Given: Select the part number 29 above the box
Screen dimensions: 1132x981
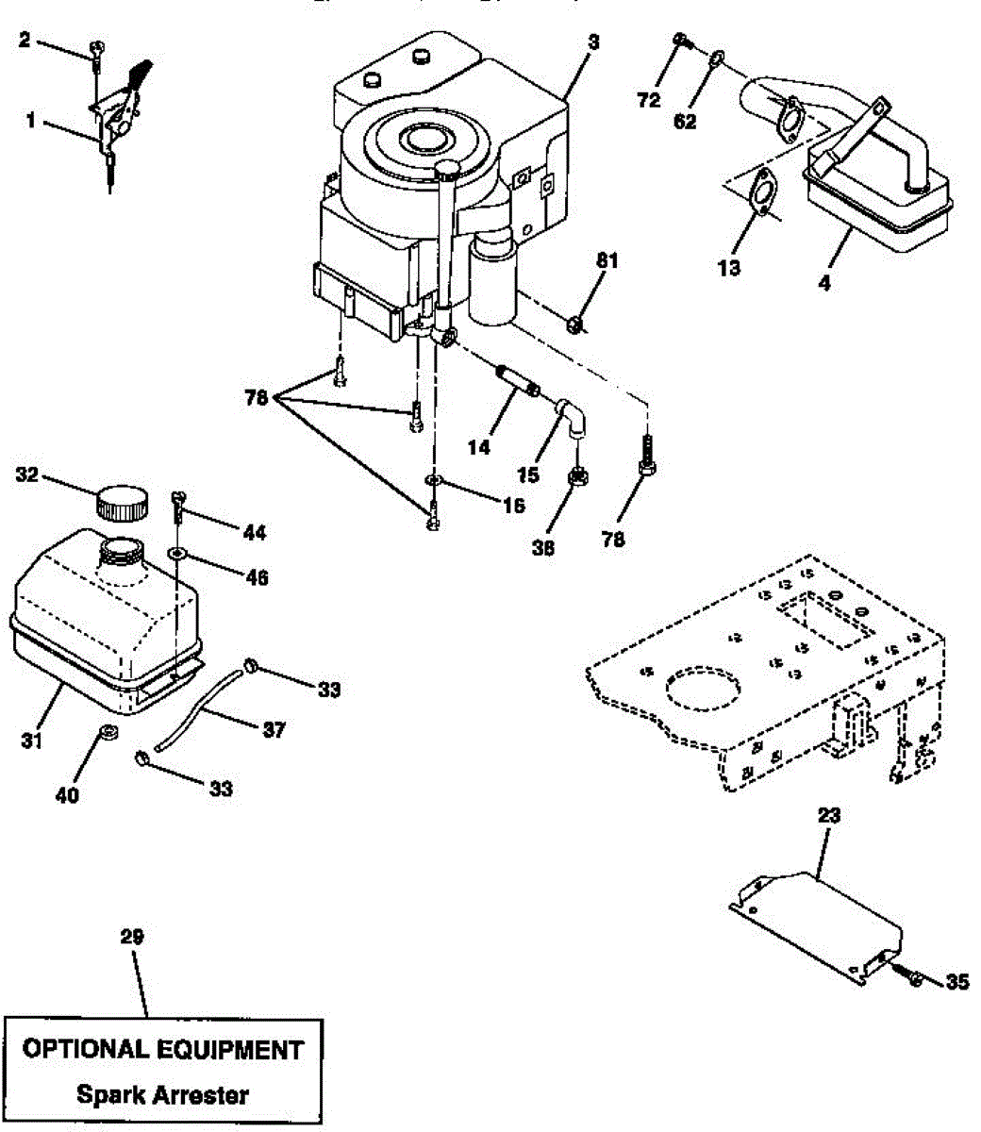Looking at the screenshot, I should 132,937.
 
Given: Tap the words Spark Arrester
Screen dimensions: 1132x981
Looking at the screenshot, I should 162,1094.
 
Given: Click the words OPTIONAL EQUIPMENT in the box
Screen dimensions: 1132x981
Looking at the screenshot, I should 162,1049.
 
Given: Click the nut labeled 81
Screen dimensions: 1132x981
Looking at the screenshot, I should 576,325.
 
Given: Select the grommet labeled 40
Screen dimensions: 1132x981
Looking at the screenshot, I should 108,733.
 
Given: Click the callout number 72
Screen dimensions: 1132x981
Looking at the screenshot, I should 648,99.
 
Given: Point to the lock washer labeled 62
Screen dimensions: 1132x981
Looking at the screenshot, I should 717,59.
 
